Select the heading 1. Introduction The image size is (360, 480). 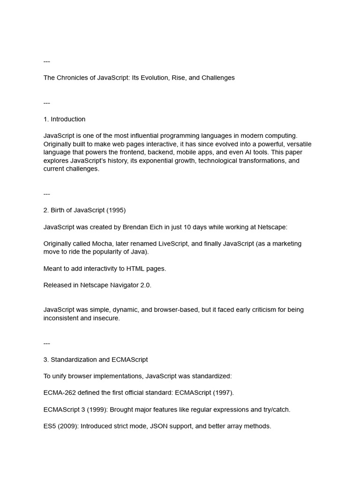pos(64,119)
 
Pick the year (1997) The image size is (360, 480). pos(223,393)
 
